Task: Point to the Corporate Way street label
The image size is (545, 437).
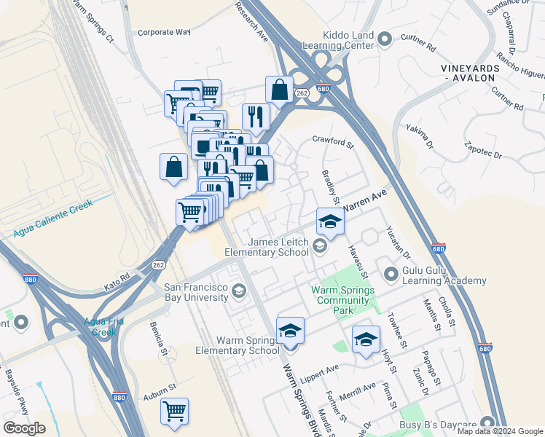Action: click(164, 32)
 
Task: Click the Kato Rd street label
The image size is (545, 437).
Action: click(116, 280)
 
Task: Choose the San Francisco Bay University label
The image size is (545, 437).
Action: click(195, 292)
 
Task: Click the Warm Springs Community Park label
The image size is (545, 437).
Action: click(342, 300)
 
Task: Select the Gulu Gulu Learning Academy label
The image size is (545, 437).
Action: click(444, 275)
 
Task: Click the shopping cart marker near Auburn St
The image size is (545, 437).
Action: click(174, 412)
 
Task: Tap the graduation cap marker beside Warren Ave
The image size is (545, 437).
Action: click(330, 221)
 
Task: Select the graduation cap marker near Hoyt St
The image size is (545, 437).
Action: click(366, 339)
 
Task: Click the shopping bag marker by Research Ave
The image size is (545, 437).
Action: click(279, 90)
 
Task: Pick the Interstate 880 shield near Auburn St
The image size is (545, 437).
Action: click(119, 396)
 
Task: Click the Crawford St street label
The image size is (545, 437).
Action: click(332, 141)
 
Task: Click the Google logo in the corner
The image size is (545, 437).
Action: click(24, 428)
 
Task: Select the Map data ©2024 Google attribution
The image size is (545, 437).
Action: click(500, 431)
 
